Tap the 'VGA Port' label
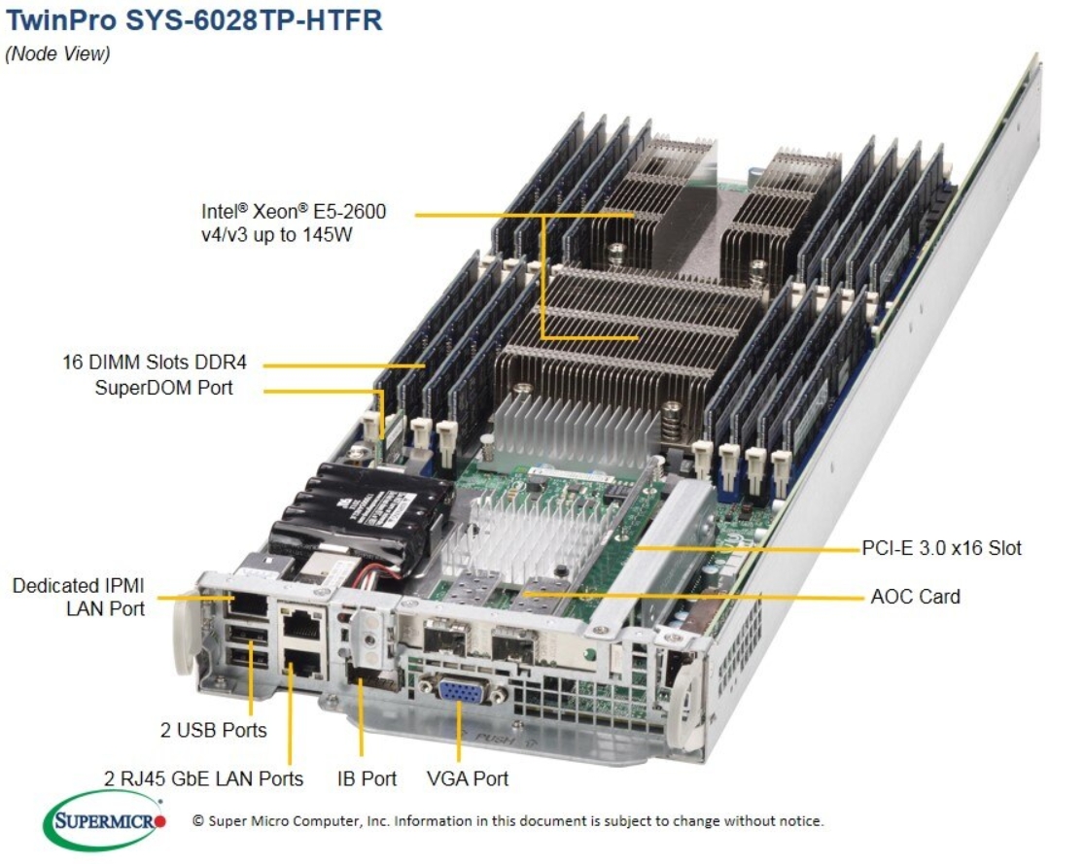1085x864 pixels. click(x=468, y=778)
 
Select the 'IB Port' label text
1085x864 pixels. click(x=367, y=778)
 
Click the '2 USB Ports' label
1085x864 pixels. click(x=213, y=729)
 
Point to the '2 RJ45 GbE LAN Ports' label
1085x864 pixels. click(x=204, y=778)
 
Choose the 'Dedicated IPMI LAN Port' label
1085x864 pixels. click(x=79, y=597)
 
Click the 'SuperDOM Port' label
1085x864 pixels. click(x=164, y=389)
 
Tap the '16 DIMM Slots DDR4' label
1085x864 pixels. click(x=154, y=363)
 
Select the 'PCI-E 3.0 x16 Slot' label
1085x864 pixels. click(x=941, y=548)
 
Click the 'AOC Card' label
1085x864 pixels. click(x=915, y=596)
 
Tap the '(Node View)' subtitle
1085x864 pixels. click(x=58, y=53)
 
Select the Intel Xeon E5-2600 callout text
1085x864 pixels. click(x=294, y=223)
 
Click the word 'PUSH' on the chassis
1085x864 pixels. click(x=494, y=739)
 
